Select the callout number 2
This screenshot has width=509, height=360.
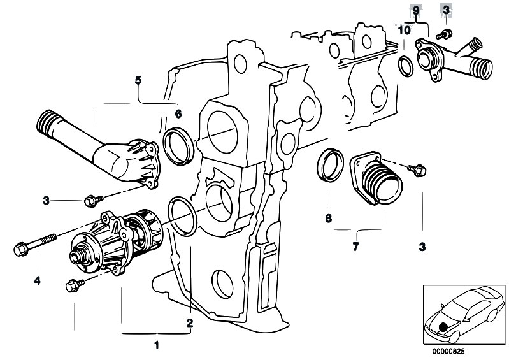[189, 323]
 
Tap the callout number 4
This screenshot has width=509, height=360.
[37, 280]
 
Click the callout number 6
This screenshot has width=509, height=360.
[178, 114]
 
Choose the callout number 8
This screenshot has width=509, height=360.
[329, 219]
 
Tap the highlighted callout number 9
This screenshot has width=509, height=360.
[416, 11]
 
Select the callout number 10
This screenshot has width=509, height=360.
[405, 29]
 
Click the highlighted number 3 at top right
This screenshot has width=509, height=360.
[445, 11]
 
